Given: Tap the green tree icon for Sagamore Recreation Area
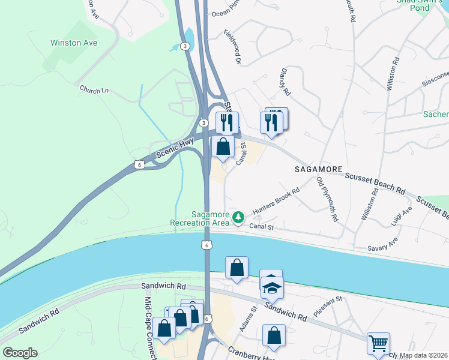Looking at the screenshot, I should [x=239, y=217].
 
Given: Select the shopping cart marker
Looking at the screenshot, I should [x=378, y=344].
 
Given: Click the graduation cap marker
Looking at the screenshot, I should [x=272, y=289].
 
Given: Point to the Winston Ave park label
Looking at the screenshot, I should [x=74, y=43].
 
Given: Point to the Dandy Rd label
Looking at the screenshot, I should [x=285, y=82].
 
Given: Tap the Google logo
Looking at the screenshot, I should [x=20, y=353].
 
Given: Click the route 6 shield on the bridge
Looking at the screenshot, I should [x=206, y=244].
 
